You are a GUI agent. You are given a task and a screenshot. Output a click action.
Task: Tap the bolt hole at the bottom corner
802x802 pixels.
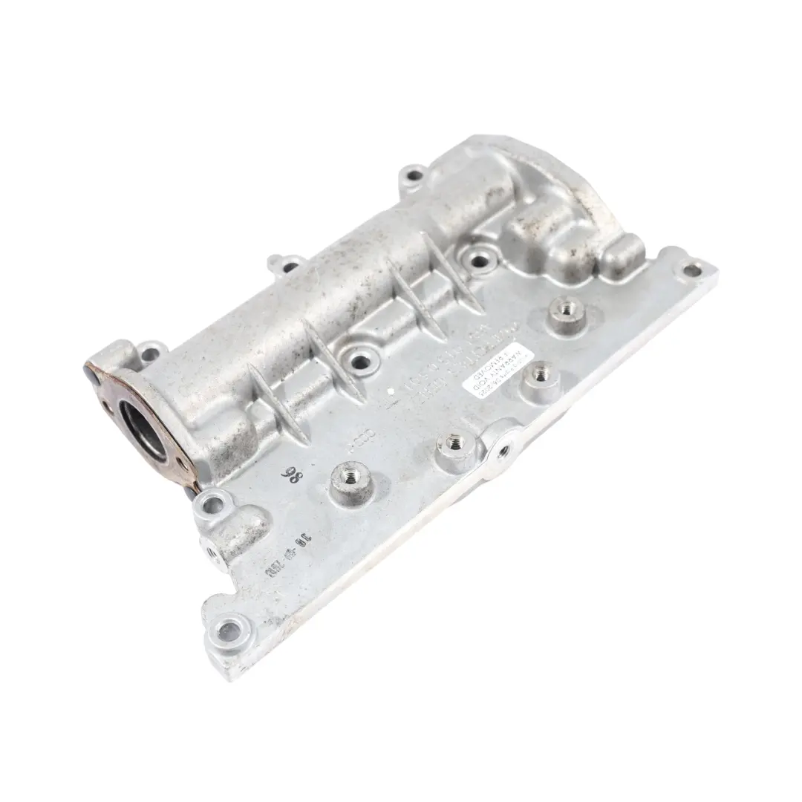point(229,631)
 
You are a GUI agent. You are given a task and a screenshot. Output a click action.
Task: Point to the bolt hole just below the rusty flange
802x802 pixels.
point(212,506)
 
